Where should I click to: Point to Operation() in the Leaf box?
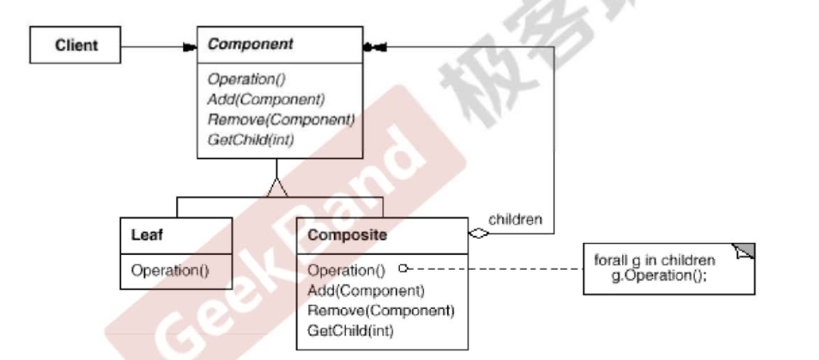[x=170, y=269]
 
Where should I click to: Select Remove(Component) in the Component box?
[x=280, y=119]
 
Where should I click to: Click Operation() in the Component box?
[x=246, y=79]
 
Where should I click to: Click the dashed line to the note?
[x=494, y=268]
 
